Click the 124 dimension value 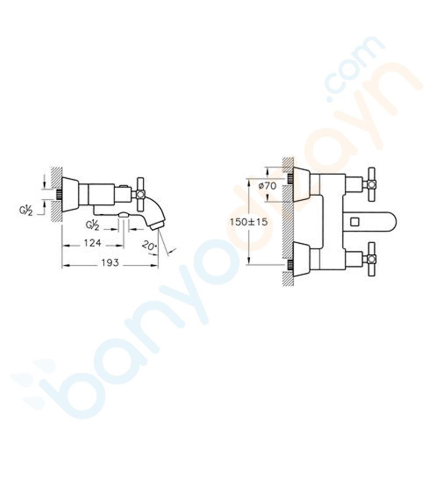(92, 243)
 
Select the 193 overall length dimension (110, 263)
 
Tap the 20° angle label (149, 245)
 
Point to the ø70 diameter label (267, 186)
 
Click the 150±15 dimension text (248, 222)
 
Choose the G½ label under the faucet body (92, 225)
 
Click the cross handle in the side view (140, 194)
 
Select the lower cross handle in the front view (371, 259)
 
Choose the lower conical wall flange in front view (301, 259)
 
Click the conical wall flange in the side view (70, 194)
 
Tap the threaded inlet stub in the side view (58, 194)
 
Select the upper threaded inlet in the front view (290, 178)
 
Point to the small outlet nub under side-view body (124, 215)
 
